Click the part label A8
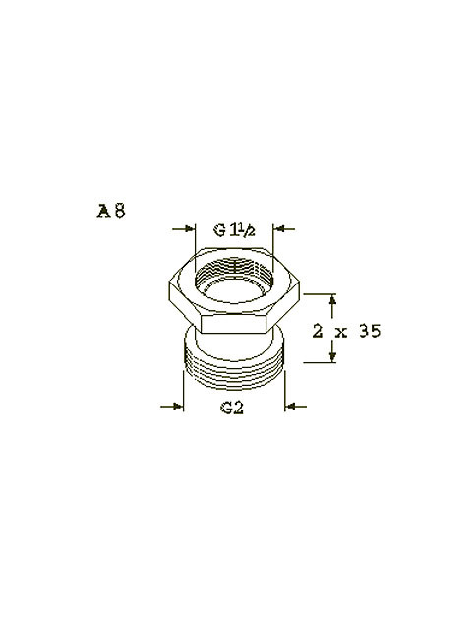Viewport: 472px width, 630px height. pyautogui.click(x=111, y=211)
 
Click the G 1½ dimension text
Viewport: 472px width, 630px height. pyautogui.click(x=234, y=230)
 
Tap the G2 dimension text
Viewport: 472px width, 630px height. pyautogui.click(x=232, y=408)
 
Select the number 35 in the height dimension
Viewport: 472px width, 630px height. pyautogui.click(x=370, y=332)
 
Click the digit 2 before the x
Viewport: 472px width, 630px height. pyautogui.click(x=318, y=332)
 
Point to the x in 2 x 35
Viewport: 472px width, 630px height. pyautogui.click(x=342, y=333)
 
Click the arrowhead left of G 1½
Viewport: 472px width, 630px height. pyautogui.click(x=190, y=229)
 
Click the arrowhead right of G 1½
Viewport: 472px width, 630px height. pyautogui.click(x=278, y=229)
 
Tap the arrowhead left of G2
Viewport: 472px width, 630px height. pyautogui.click(x=178, y=407)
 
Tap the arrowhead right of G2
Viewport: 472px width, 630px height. pyautogui.click(x=290, y=407)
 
